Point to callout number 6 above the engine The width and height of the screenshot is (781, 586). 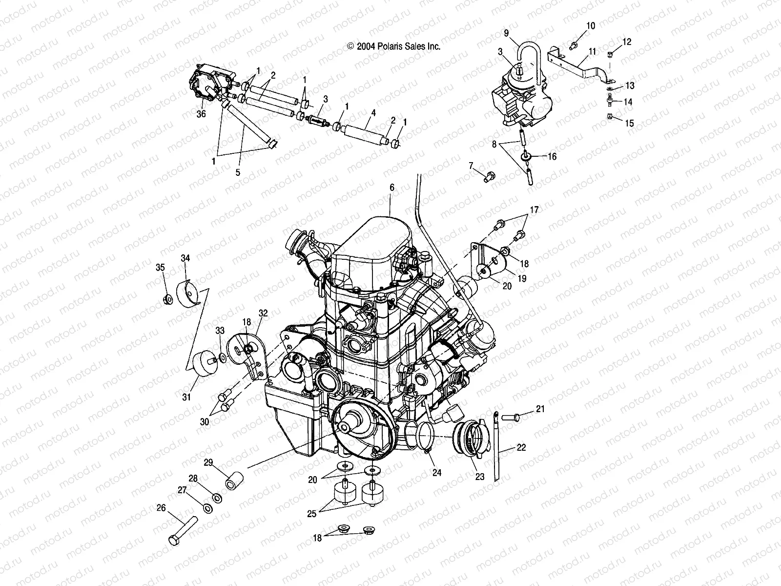391,187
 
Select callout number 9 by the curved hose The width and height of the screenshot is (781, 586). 506,33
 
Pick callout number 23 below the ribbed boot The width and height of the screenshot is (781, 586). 480,477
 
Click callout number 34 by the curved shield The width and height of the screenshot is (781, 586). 185,258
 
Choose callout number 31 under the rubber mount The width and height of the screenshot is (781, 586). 186,397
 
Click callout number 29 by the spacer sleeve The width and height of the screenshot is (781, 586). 208,462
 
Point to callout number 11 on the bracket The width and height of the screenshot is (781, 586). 592,51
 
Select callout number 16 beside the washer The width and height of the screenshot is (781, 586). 552,157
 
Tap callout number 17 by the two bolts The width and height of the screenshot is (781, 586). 534,210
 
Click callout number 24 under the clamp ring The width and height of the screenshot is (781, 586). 437,472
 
